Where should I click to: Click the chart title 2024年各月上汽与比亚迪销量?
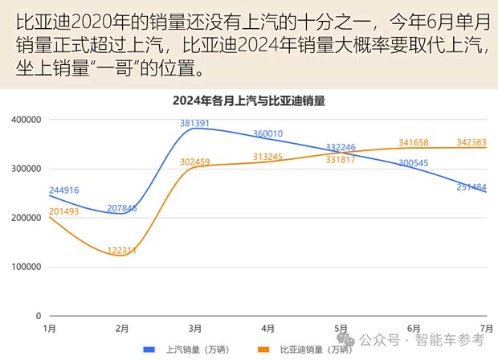point(254,101)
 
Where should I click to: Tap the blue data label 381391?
point(195,124)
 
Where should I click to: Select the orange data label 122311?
point(122,251)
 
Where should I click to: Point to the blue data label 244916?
point(66,190)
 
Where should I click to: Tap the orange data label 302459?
point(195,162)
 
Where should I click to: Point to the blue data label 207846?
point(122,208)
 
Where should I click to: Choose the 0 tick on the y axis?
point(38,316)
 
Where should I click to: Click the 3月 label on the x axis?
point(195,329)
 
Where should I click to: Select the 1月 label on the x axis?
point(49,329)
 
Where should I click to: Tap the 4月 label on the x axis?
point(268,329)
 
